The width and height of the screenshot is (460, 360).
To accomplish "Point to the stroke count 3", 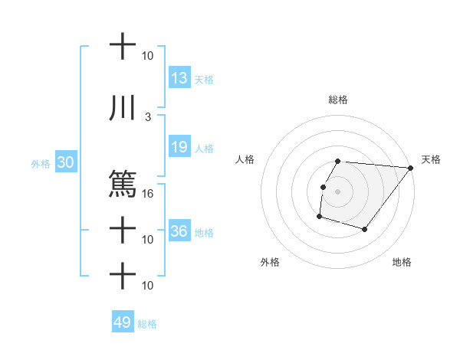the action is (148, 116).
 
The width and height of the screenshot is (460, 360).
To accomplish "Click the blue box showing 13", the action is (179, 78).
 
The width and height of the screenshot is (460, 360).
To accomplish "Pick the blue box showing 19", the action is (179, 147).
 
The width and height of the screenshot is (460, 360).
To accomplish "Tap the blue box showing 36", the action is (179, 231).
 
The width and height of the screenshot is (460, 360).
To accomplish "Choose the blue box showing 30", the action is (65, 163).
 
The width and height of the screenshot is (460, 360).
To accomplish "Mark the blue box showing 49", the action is (122, 322).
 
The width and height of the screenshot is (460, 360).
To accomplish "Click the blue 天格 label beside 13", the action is (204, 79).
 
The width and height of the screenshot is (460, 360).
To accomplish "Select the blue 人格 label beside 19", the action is (204, 148).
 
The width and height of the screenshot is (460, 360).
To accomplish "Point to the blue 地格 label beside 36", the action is (204, 232).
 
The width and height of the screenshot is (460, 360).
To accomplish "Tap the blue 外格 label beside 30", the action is (40, 164).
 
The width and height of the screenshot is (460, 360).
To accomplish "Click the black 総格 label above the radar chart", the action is (338, 100).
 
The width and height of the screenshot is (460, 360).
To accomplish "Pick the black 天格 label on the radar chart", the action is (431, 159).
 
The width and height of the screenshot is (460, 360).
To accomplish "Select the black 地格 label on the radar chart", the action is (402, 262).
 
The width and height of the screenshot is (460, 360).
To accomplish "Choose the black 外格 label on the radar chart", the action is (270, 262).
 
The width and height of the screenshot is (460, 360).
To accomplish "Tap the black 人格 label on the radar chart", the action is (245, 159).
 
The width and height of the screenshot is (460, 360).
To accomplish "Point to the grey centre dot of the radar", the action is (337, 191).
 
